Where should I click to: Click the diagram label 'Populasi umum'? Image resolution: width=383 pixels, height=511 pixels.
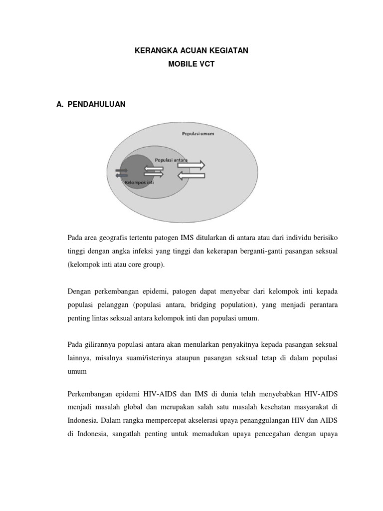point(198,134)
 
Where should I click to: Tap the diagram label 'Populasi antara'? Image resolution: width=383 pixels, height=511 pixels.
point(171,159)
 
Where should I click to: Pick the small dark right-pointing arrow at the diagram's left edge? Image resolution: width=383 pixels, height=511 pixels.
point(122,170)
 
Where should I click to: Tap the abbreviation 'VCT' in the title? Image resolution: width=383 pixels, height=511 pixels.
point(206,65)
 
